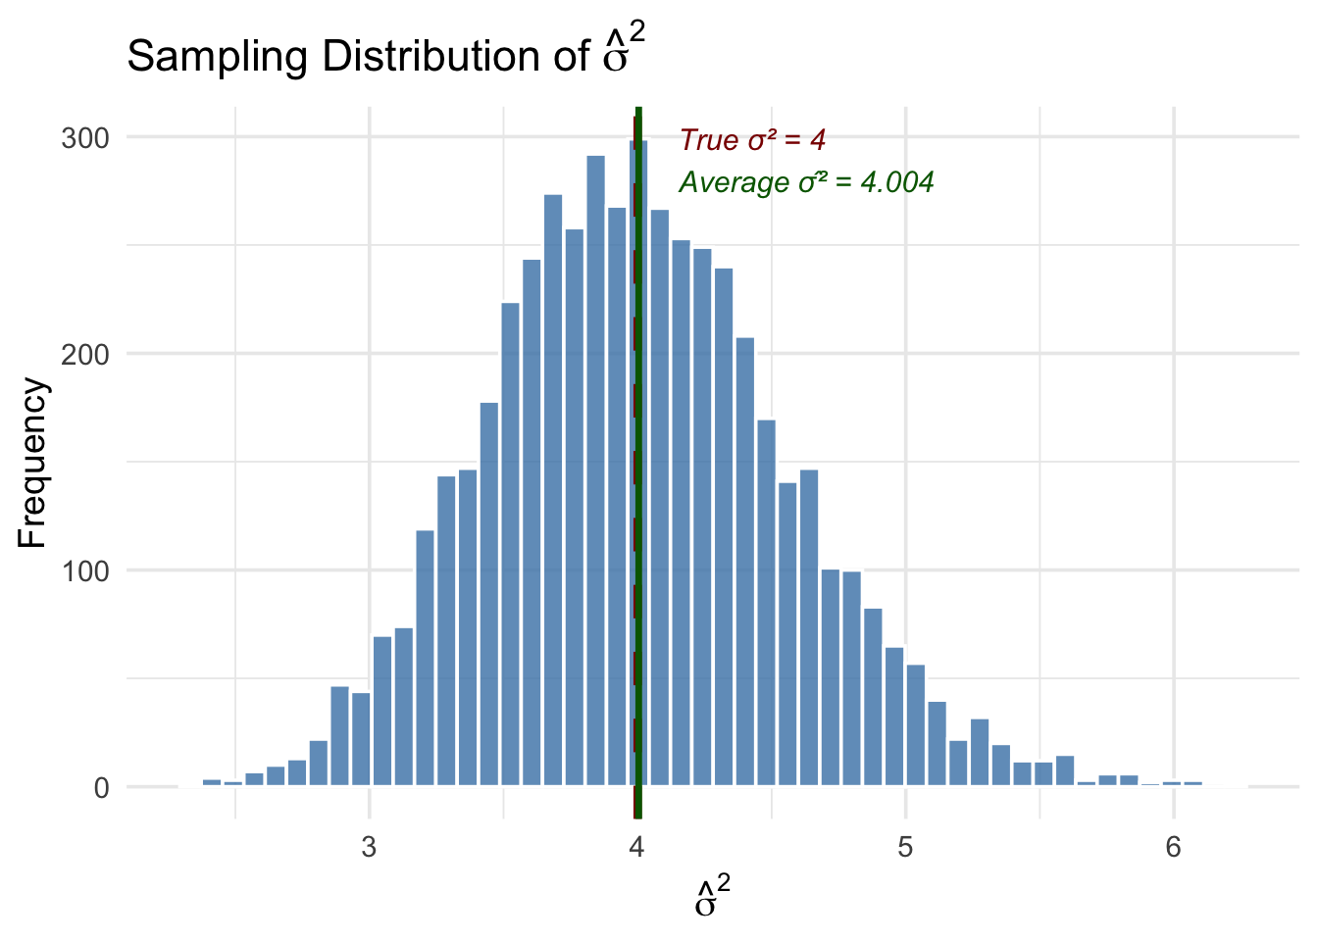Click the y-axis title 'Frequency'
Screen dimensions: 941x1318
pos(32,463)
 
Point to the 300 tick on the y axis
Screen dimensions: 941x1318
pos(85,137)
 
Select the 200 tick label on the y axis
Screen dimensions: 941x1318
pos(85,354)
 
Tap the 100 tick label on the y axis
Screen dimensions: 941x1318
pos(85,570)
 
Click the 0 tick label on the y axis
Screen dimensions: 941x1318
pos(101,788)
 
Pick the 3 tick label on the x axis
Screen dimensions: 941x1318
pos(369,847)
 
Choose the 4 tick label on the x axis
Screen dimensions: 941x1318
pos(637,847)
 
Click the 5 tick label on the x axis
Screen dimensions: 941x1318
pos(905,847)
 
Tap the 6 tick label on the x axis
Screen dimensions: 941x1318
pos(1174,847)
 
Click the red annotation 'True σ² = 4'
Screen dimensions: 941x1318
pos(752,140)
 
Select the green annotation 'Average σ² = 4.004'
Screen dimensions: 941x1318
pos(806,182)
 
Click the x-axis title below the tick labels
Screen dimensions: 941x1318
pos(713,897)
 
